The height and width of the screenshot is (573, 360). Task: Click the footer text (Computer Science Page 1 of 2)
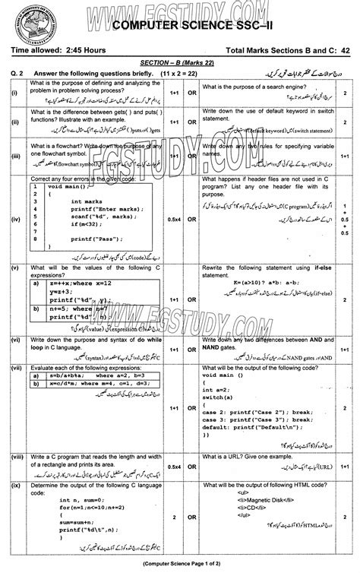tap(179, 564)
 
